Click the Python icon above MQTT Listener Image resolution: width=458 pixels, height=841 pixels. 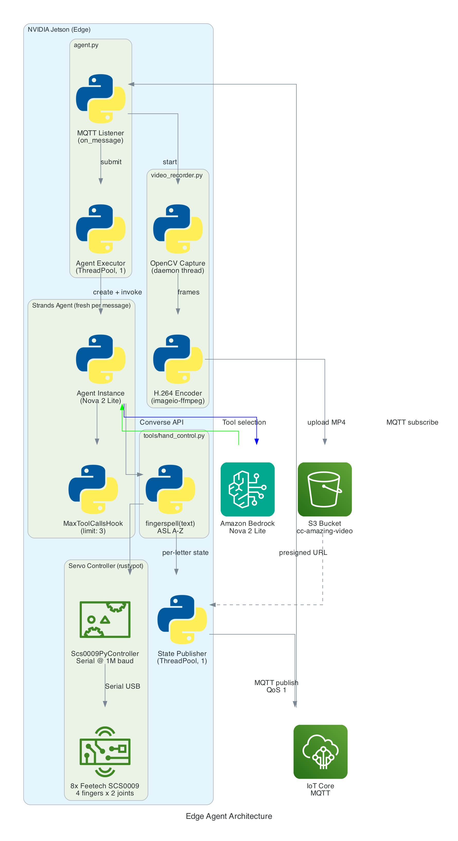click(x=101, y=99)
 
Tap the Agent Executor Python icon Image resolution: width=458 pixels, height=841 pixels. click(x=101, y=229)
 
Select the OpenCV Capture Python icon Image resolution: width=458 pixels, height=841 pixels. click(x=178, y=229)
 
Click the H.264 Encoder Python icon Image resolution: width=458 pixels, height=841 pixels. click(x=178, y=359)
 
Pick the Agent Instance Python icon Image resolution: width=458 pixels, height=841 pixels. click(x=101, y=359)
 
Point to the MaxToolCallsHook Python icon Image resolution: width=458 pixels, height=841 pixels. click(x=93, y=489)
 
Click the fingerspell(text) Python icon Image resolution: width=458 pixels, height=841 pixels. click(x=170, y=489)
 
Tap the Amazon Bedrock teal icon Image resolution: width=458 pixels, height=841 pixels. click(x=248, y=489)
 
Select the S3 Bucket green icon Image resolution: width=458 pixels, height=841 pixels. click(x=324, y=489)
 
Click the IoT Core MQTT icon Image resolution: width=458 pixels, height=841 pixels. click(x=320, y=751)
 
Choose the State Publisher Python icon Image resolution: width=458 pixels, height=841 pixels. click(x=182, y=619)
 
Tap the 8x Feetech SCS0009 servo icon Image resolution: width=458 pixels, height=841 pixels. click(x=105, y=751)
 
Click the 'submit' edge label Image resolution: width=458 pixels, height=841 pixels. click(x=111, y=162)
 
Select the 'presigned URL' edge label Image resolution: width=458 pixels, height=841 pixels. click(x=303, y=553)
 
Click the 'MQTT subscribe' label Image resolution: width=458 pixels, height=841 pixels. click(x=412, y=422)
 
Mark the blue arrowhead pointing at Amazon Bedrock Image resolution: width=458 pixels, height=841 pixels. click(x=257, y=442)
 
